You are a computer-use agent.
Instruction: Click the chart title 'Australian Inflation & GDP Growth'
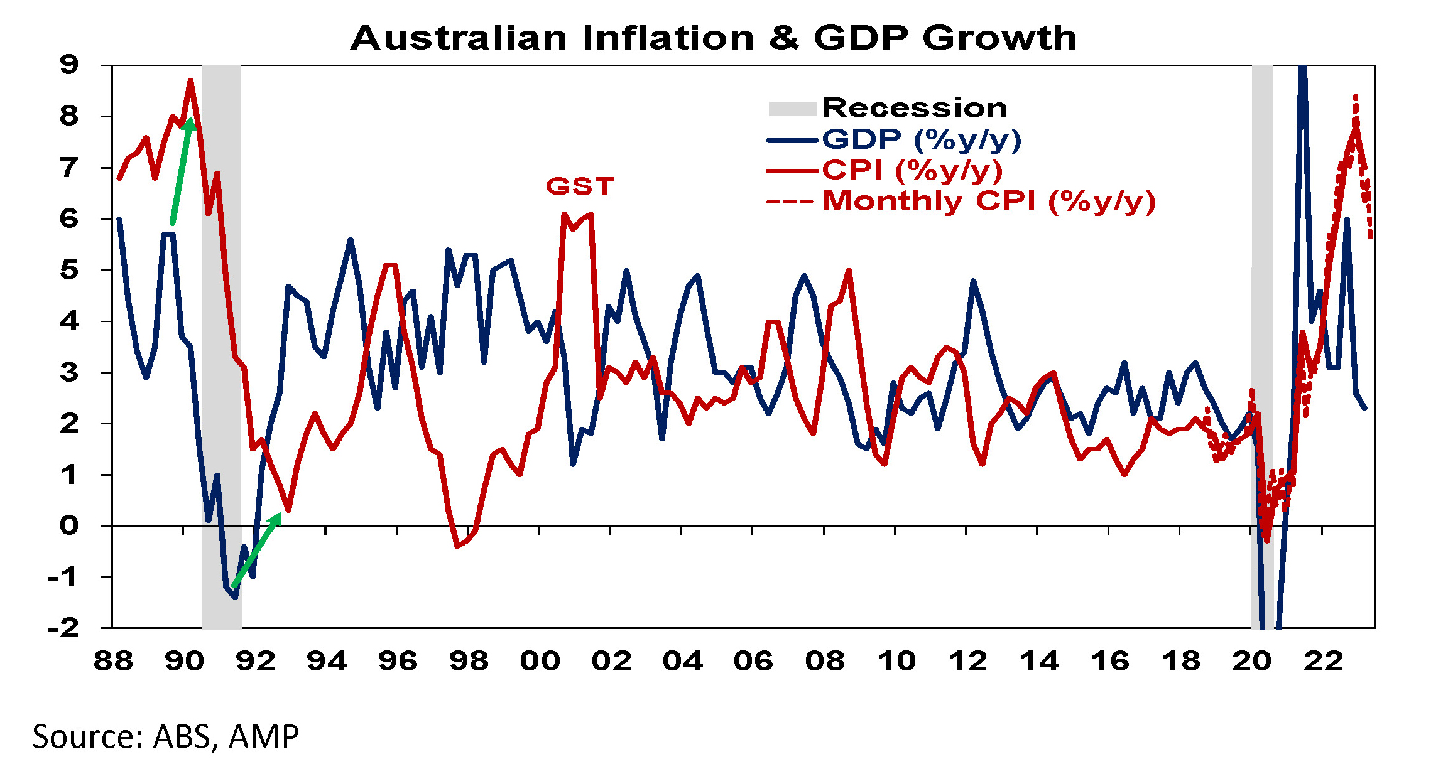pos(714,38)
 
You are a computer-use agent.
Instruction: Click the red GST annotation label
pos(579,186)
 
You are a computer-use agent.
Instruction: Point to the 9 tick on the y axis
pos(69,64)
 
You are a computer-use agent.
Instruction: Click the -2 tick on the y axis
pos(64,627)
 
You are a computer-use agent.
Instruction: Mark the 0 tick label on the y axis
pos(69,525)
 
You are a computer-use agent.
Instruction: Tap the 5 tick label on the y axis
pos(69,270)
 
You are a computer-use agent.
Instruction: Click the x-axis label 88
pos(113,661)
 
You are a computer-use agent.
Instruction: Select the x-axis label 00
pos(540,661)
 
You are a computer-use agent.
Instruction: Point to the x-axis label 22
pos(1323,661)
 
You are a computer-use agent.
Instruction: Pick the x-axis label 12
pos(967,661)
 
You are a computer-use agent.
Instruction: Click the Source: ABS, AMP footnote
pos(166,736)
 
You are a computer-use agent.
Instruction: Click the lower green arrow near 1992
pos(256,550)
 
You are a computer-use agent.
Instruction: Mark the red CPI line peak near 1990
pos(190,80)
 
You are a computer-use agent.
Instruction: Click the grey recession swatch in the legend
pos(792,109)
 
